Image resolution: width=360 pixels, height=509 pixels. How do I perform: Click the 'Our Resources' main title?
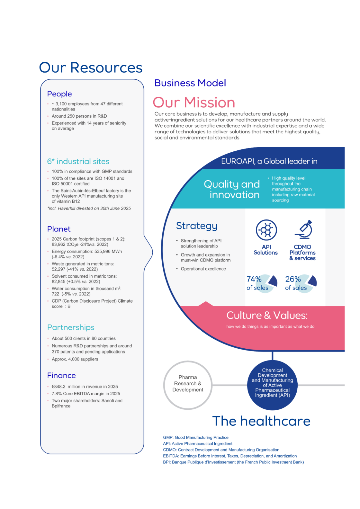click(91, 68)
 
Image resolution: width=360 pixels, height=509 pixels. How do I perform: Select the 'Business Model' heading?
click(190, 83)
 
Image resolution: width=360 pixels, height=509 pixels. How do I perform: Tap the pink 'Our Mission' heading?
click(194, 103)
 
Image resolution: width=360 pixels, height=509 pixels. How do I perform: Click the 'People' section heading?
click(59, 94)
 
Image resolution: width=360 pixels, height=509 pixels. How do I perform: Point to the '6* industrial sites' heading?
click(78, 161)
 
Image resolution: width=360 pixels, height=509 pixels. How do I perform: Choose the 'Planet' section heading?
click(59, 229)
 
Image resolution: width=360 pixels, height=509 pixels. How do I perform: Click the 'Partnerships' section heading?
click(71, 327)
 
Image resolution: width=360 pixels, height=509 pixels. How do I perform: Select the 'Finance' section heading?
click(61, 375)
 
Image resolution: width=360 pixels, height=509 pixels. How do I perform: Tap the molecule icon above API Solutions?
click(266, 230)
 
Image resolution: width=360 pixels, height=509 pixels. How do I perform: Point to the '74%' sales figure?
click(254, 279)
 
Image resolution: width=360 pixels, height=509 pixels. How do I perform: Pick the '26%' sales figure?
click(293, 279)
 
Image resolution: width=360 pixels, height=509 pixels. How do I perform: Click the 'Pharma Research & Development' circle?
click(188, 385)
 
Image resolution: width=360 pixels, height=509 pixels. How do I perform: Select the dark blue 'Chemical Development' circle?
click(272, 385)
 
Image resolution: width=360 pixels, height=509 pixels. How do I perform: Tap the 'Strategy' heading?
click(197, 226)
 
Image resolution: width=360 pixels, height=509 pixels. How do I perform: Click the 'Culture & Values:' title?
click(267, 315)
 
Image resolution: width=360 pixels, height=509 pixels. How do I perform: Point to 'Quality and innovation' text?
click(232, 189)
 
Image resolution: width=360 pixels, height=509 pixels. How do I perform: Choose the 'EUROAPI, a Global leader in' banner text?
click(269, 161)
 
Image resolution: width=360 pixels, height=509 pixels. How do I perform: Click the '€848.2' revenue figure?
click(59, 387)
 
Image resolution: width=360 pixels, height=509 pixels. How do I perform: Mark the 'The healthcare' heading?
click(261, 421)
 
